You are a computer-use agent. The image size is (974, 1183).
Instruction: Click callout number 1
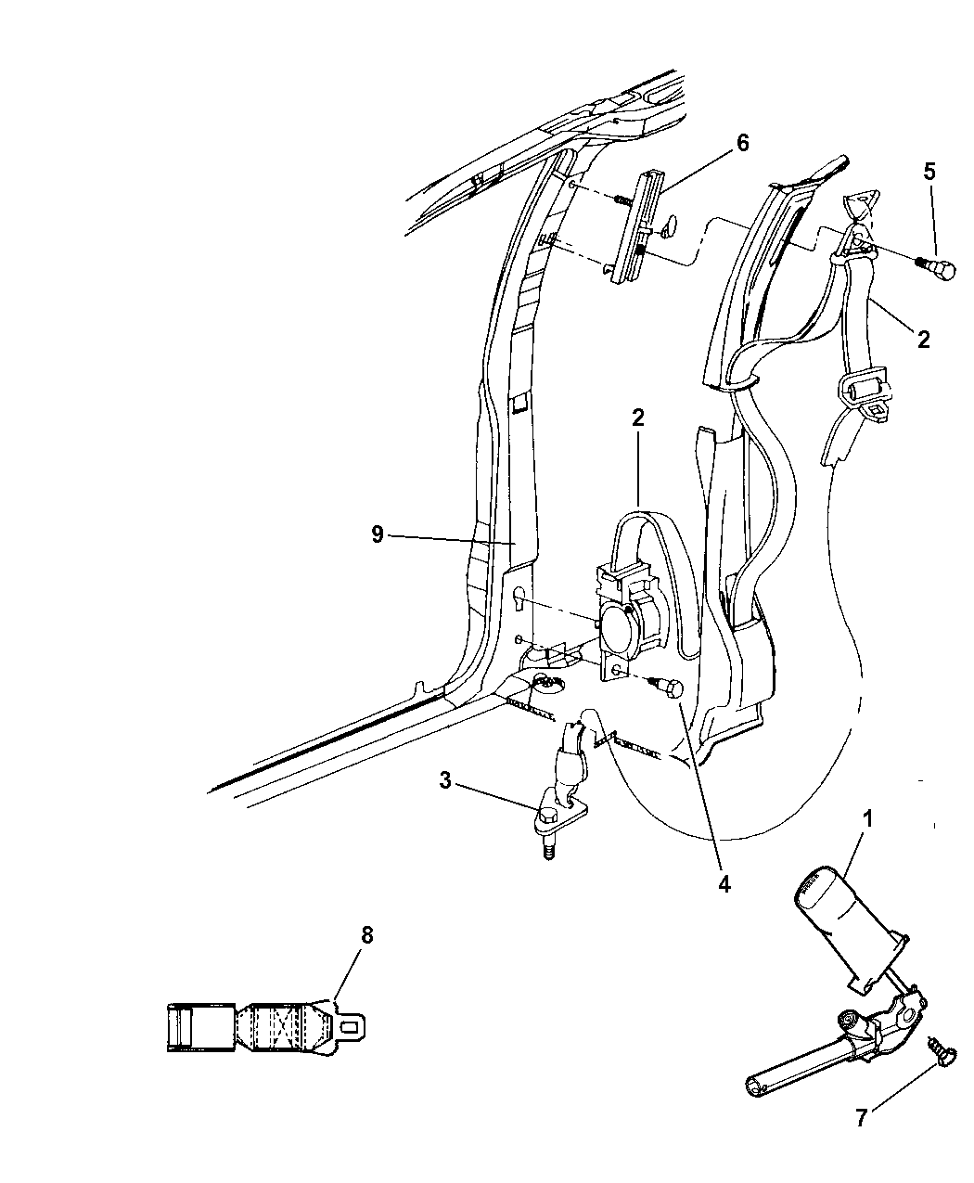click(867, 819)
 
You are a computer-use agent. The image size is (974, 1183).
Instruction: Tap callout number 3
click(445, 780)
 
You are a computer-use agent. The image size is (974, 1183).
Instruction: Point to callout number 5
click(929, 173)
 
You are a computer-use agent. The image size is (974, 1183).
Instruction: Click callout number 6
click(742, 142)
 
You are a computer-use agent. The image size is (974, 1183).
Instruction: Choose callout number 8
click(367, 935)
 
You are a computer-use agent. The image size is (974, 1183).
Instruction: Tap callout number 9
click(378, 534)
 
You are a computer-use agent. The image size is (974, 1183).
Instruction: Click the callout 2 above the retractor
click(638, 418)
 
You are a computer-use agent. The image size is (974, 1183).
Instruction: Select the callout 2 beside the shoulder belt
click(924, 340)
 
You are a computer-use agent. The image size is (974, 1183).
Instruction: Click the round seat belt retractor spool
click(619, 632)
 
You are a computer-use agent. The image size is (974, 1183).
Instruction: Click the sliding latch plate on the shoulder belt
click(865, 392)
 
